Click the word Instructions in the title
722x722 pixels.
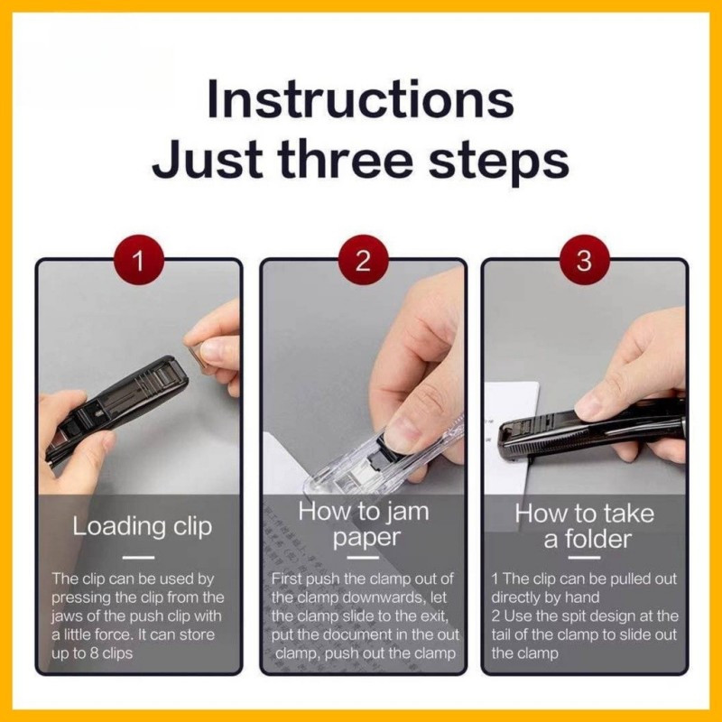[x=360, y=99]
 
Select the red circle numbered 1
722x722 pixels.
[x=139, y=260]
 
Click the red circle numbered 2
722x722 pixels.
[x=364, y=260]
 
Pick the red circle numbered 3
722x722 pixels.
[x=584, y=260]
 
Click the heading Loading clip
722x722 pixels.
[x=142, y=526]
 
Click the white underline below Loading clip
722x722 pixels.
[x=139, y=558]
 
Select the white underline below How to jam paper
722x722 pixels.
[x=363, y=558]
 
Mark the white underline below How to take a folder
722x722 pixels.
[x=584, y=558]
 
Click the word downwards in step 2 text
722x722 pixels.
[x=385, y=597]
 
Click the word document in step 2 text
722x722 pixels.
[x=354, y=635]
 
